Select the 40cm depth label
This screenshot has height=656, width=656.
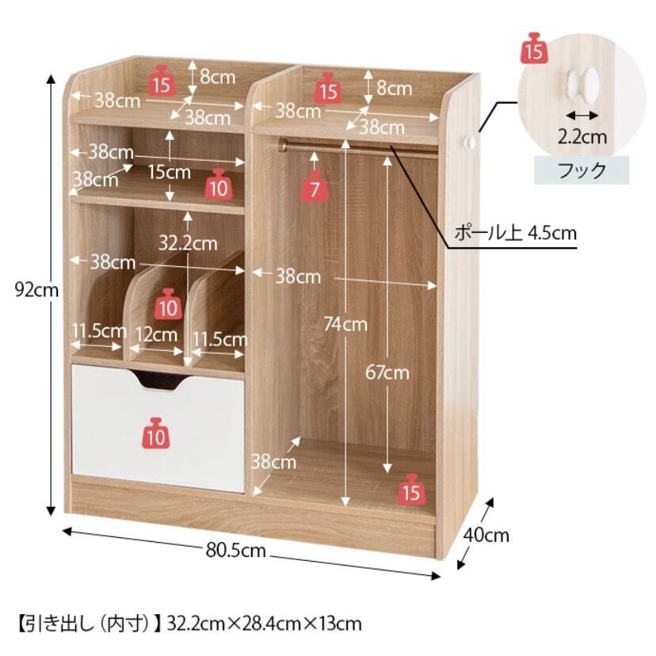(486, 536)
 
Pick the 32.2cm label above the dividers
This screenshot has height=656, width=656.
(187, 242)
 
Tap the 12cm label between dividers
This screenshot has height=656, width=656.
(158, 334)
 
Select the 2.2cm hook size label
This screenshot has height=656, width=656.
(582, 136)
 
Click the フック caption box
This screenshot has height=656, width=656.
(582, 170)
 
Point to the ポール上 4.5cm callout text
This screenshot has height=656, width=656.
(514, 233)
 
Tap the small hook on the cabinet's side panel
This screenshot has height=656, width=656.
(469, 142)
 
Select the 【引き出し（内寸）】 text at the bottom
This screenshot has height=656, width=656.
(84, 623)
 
